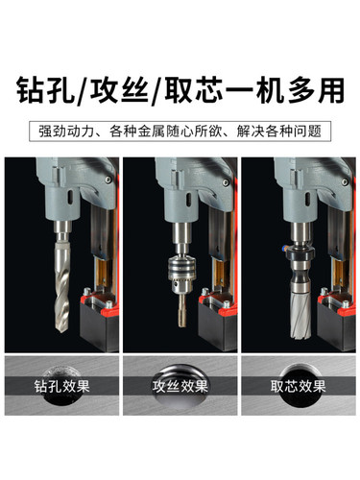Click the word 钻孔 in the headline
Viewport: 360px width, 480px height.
(x=45, y=89)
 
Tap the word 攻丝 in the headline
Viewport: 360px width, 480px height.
(x=119, y=89)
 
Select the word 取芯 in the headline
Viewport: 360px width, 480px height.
(x=194, y=89)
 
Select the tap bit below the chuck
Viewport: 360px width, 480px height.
(x=181, y=310)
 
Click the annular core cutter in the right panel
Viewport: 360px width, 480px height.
(x=300, y=315)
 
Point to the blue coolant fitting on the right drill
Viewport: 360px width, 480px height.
(x=283, y=248)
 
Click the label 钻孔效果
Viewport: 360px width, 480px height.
(x=62, y=386)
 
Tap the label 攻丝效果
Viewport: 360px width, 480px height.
(x=180, y=386)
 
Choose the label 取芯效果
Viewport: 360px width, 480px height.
(x=299, y=386)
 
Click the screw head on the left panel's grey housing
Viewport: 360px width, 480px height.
(x=108, y=180)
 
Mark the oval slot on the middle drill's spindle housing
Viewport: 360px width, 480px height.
(x=189, y=199)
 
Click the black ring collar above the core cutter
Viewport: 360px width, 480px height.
(x=300, y=255)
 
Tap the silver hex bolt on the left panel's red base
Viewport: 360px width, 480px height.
(x=86, y=291)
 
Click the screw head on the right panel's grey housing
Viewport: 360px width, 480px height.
(x=345, y=182)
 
